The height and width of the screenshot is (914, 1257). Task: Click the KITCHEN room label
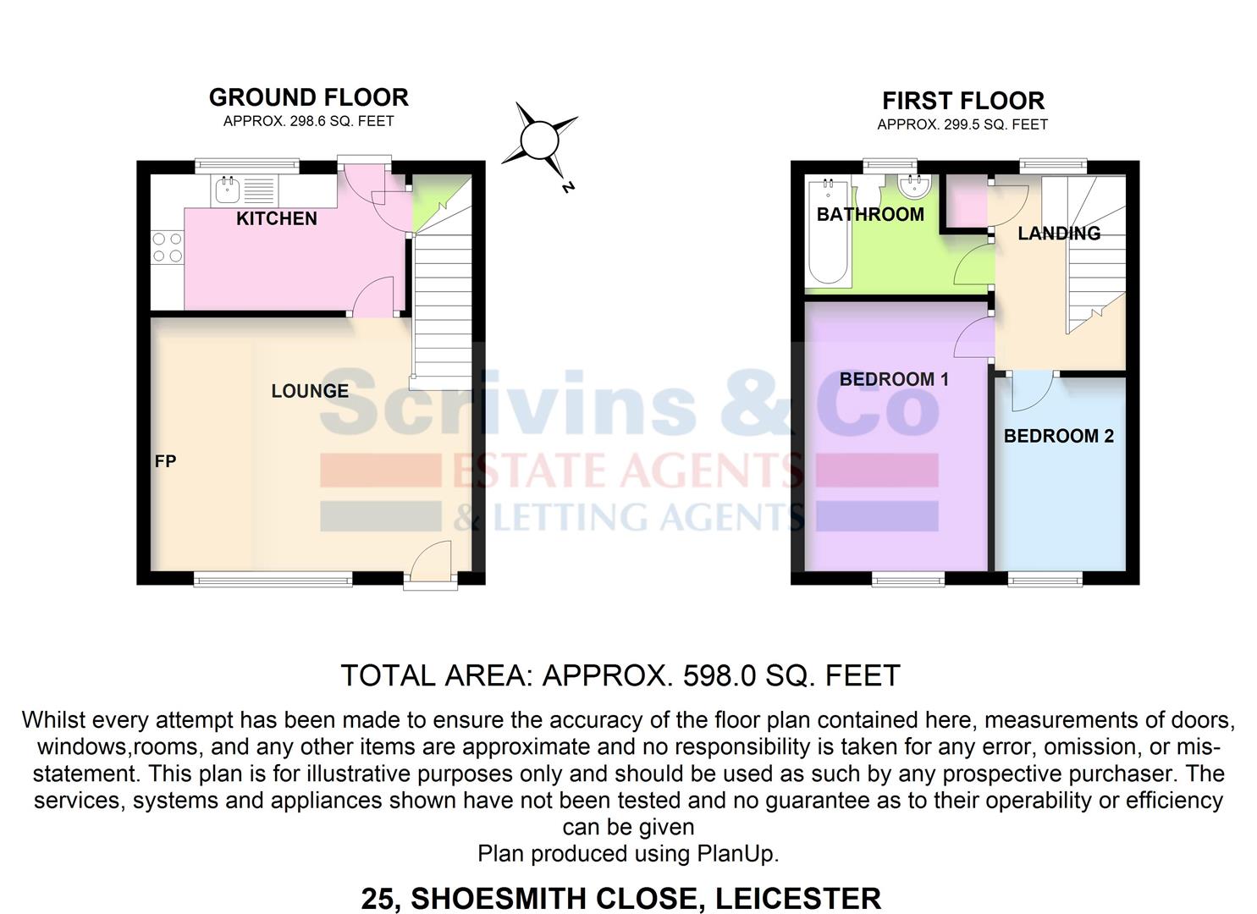tap(276, 218)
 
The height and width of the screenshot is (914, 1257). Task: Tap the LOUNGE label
tap(310, 391)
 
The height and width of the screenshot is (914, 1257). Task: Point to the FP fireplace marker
tap(166, 461)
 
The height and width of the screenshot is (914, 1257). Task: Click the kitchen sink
tap(228, 190)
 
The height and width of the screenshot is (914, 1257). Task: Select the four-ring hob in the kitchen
tap(168, 247)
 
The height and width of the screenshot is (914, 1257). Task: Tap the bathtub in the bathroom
tap(829, 231)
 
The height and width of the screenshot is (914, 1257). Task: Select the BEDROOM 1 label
tap(894, 379)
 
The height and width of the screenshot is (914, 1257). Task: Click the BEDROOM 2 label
tap(1058, 436)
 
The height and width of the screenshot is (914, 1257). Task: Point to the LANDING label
tap(1059, 233)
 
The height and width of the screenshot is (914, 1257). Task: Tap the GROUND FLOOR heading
tap(309, 97)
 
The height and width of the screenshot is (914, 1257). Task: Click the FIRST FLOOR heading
tap(963, 101)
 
